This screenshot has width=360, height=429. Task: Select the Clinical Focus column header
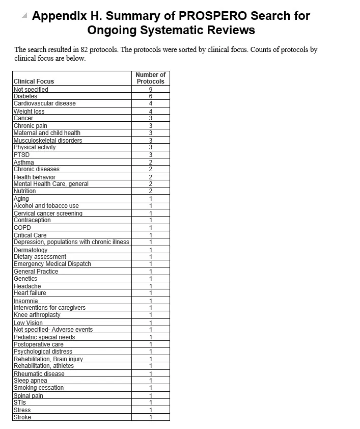pyautogui.click(x=34, y=82)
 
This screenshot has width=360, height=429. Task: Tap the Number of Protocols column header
pyautogui.click(x=150, y=78)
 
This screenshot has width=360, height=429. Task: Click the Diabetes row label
pyautogui.click(x=25, y=96)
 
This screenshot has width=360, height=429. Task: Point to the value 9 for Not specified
pyautogui.click(x=151, y=90)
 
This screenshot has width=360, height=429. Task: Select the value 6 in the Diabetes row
pyautogui.click(x=151, y=96)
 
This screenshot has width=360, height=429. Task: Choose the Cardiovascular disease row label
pyautogui.click(x=44, y=103)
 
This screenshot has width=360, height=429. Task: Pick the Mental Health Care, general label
pyautogui.click(x=51, y=184)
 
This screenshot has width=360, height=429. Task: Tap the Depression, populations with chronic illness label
pyautogui.click(x=71, y=242)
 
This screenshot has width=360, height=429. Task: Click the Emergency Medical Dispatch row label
pyautogui.click(x=52, y=264)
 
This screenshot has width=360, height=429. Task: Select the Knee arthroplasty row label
pyautogui.click(x=37, y=315)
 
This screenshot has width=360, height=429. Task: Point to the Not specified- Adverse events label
pyautogui.click(x=53, y=330)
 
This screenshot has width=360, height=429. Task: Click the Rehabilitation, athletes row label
pyautogui.click(x=43, y=366)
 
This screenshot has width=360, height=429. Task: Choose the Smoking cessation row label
pyautogui.click(x=39, y=388)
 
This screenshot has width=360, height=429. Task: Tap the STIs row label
pyautogui.click(x=20, y=403)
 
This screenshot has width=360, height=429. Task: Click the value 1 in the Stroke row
pyautogui.click(x=151, y=417)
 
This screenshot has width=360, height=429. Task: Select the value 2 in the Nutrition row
pyautogui.click(x=151, y=191)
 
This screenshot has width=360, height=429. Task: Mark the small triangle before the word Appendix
pyautogui.click(x=24, y=15)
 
